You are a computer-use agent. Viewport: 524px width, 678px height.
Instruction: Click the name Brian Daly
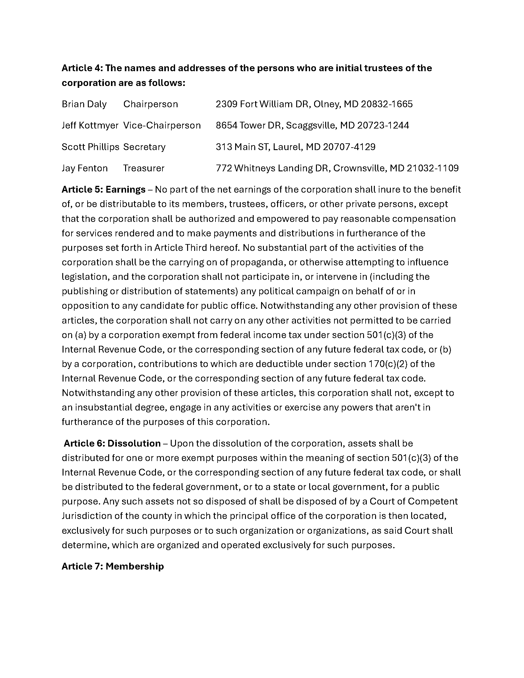(x=84, y=104)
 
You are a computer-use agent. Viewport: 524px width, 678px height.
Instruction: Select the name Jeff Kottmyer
(x=90, y=125)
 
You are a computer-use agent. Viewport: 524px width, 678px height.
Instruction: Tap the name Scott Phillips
(x=90, y=147)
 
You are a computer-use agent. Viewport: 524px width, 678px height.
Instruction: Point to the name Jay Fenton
(x=85, y=168)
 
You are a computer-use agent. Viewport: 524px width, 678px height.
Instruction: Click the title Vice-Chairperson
(x=162, y=125)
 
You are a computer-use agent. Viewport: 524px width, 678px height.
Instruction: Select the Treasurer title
(x=144, y=168)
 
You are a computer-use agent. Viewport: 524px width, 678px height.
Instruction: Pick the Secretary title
(x=144, y=147)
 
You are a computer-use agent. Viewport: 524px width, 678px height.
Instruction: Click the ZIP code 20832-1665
(x=387, y=104)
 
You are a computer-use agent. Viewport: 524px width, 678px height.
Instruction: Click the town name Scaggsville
(x=311, y=125)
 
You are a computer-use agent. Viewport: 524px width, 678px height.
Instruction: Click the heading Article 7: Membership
(x=113, y=566)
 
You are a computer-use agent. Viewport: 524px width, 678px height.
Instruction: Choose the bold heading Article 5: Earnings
(x=104, y=189)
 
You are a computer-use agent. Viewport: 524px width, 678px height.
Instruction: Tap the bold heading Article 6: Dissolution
(x=112, y=443)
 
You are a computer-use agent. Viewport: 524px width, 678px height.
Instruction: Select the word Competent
(x=434, y=501)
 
